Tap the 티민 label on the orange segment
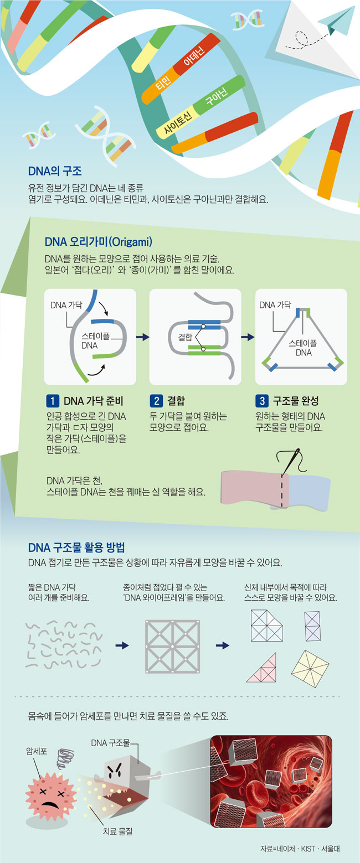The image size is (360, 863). [163, 82]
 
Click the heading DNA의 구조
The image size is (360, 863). [55, 171]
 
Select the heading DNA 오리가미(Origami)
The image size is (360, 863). [99, 241]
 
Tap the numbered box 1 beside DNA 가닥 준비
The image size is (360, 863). [53, 401]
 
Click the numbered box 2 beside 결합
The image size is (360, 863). [156, 401]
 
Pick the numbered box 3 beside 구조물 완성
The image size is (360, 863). [262, 401]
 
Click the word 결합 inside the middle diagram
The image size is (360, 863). [185, 337]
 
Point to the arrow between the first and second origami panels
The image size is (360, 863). [143, 337]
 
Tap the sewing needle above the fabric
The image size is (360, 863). [290, 461]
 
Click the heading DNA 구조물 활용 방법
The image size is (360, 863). [76, 547]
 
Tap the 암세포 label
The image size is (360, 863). [37, 751]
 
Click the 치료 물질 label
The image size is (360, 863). [117, 831]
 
